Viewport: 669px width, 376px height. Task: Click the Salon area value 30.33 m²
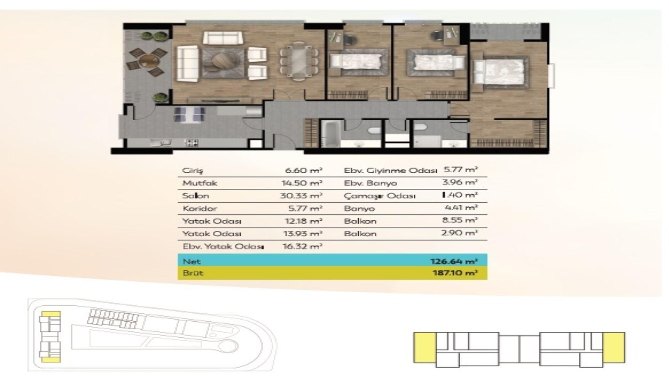tap(301, 196)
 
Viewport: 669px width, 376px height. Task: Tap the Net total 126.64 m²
tap(454, 261)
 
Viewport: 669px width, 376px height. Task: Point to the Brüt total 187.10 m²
tap(455, 273)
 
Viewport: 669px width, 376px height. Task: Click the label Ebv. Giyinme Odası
tap(390, 171)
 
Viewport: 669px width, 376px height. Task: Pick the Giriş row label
tap(193, 171)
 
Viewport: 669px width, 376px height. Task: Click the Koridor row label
tap(200, 209)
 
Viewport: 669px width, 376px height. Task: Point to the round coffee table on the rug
tap(223, 61)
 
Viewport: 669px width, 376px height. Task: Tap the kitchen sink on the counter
tap(161, 142)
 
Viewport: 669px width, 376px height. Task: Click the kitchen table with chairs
tap(189, 115)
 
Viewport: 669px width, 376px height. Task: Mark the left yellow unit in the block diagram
tap(424, 347)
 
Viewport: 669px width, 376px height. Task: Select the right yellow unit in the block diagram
tap(614, 347)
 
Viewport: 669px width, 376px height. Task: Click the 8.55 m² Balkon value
tap(460, 220)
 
